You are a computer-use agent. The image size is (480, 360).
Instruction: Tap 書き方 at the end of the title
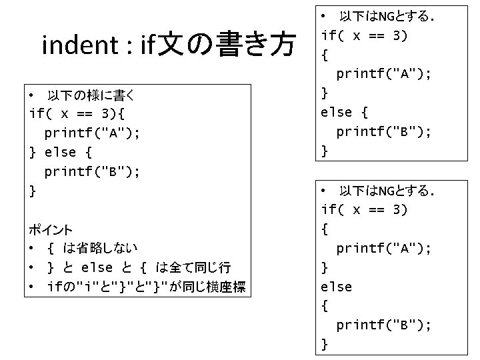pos(255,45)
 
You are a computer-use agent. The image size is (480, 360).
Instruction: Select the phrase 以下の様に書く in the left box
pos(93,95)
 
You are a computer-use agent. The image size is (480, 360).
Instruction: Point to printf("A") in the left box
pos(92,133)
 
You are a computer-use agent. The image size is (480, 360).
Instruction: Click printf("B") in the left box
pos(92,172)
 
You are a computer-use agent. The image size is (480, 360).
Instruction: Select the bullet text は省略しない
pos(101,249)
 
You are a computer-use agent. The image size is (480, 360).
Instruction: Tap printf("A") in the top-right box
pos(383,73)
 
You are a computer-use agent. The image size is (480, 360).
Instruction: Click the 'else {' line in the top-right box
pos(345,112)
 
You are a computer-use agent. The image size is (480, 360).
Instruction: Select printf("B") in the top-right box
pos(383,131)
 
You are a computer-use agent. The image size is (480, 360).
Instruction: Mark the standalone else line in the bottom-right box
pos(337,287)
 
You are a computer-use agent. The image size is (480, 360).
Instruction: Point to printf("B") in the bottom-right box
pos(383,325)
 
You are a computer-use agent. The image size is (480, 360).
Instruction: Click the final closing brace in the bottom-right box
pos(325,344)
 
